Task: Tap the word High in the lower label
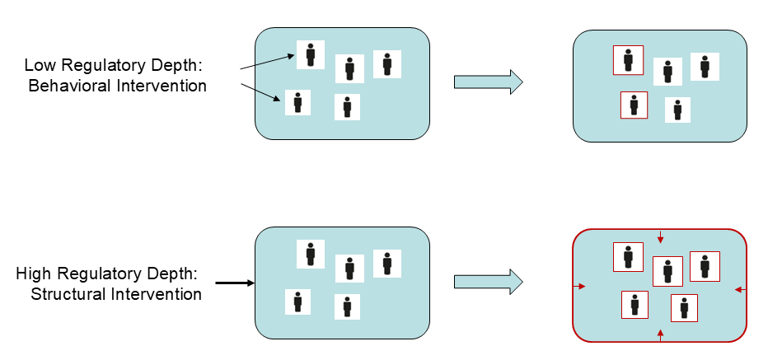33,274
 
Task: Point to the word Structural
65,294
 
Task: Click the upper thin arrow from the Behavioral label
267,62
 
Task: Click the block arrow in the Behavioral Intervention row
488,81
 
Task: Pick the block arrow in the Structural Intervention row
488,280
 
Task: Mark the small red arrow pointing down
660,238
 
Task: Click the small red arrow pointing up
660,334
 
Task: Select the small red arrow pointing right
581,287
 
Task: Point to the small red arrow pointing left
738,289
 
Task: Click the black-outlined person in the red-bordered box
705,266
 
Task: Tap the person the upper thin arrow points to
311,55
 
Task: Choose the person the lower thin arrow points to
297,103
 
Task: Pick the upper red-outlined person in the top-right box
628,60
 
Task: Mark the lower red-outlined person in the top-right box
634,105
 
